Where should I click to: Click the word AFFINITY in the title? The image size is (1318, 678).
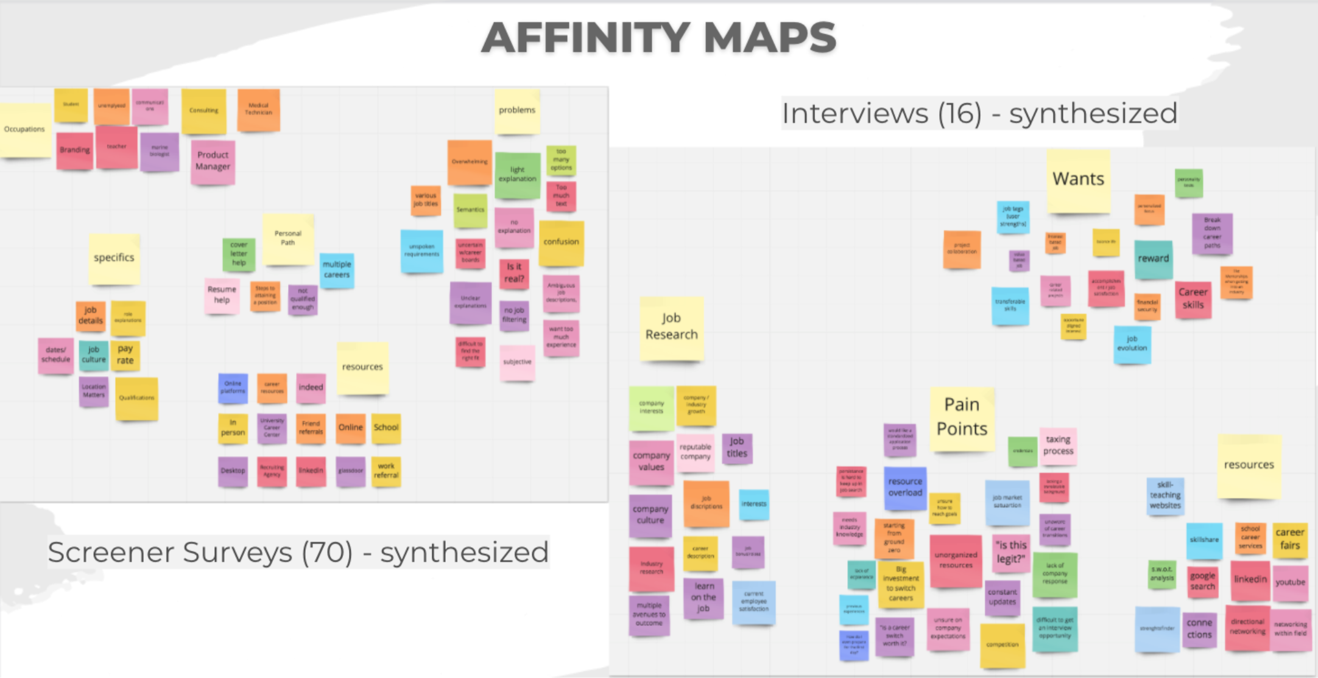point(585,38)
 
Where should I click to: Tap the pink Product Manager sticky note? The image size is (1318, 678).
point(213,161)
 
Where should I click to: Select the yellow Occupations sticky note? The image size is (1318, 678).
point(25,130)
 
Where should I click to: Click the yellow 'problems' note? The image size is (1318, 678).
point(517,111)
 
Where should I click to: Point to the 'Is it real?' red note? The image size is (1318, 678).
point(514,273)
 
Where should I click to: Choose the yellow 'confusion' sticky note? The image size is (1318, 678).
point(561,242)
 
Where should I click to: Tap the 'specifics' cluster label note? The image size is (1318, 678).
point(114,258)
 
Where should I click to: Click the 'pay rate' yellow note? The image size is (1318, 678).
point(125,355)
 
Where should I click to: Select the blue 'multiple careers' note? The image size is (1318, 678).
point(337,270)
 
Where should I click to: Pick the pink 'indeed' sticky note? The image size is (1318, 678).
point(311,388)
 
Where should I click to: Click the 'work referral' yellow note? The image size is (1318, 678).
point(386,471)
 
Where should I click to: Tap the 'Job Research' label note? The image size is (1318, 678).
point(671,327)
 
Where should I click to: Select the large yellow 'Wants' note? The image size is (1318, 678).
point(1078,180)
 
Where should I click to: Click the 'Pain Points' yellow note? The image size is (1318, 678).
point(962,418)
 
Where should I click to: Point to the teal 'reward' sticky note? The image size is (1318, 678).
point(1153,259)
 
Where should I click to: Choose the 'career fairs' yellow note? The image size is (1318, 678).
point(1290,539)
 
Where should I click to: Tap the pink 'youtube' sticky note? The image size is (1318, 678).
point(1290,582)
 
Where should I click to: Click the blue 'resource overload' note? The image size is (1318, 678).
point(905,488)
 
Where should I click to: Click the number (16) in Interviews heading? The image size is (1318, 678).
point(959,114)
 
